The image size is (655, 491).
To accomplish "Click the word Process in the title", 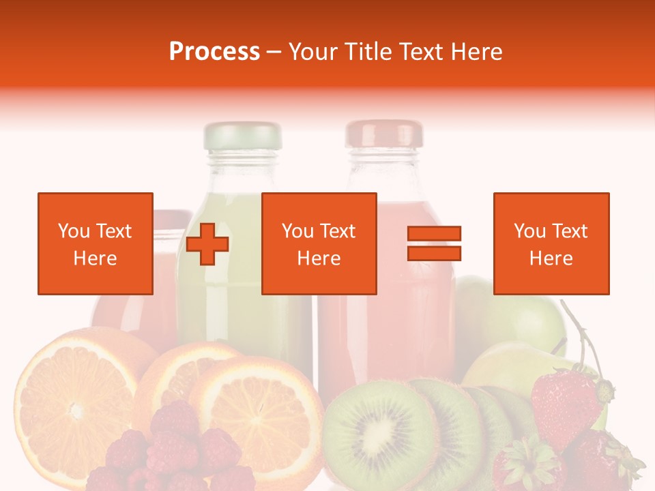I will point(214,52).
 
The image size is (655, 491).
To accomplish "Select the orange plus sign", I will point(207,244).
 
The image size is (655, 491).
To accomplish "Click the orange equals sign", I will point(434,243).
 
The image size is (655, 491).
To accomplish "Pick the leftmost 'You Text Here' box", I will point(95,243).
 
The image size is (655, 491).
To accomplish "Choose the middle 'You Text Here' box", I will point(319,243).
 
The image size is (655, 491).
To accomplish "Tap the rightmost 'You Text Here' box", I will point(551,243).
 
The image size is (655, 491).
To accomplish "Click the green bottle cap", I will point(242,136).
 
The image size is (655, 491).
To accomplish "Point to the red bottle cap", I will point(383,134).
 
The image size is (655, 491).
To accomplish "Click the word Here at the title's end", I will point(478,52).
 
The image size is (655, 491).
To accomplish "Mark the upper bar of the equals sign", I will point(434,234).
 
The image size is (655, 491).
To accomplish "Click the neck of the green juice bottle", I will point(242,167).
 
